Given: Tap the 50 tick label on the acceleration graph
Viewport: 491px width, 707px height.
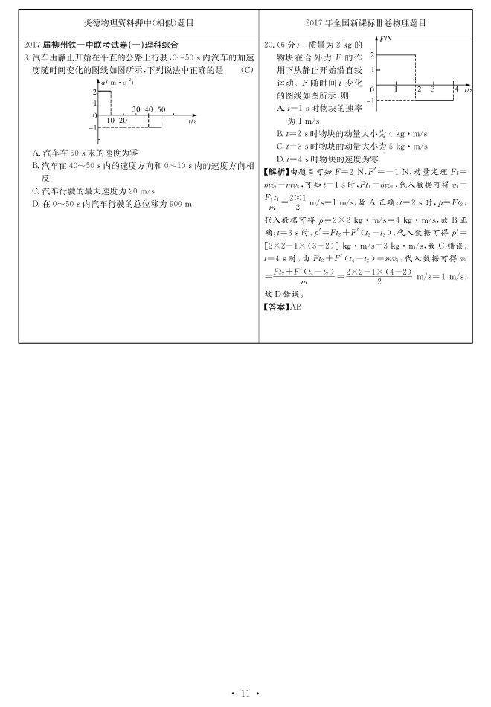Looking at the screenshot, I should (x=161, y=109).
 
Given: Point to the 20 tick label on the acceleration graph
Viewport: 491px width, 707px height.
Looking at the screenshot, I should (x=123, y=121).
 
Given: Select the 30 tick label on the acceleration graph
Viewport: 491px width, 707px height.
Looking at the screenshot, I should (x=136, y=109).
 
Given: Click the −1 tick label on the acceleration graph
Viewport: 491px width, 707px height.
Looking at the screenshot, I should (x=94, y=127).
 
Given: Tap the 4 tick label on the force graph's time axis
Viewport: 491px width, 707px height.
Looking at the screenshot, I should (x=456, y=89).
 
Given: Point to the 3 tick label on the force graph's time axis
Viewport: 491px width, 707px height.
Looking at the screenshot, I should (x=432, y=89).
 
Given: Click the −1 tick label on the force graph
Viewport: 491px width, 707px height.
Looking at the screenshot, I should (x=371, y=100).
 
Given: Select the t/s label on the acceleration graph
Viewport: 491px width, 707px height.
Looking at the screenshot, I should (x=192, y=120).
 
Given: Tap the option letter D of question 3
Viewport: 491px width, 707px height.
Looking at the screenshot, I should (x=36, y=203).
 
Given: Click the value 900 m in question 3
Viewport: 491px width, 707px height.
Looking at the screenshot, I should (x=179, y=203).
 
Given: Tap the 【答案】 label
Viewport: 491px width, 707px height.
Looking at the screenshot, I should (x=276, y=306).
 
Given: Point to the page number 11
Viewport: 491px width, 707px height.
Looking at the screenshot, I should (x=245, y=694).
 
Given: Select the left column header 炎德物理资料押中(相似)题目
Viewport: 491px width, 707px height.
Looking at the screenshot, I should (x=139, y=23).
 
